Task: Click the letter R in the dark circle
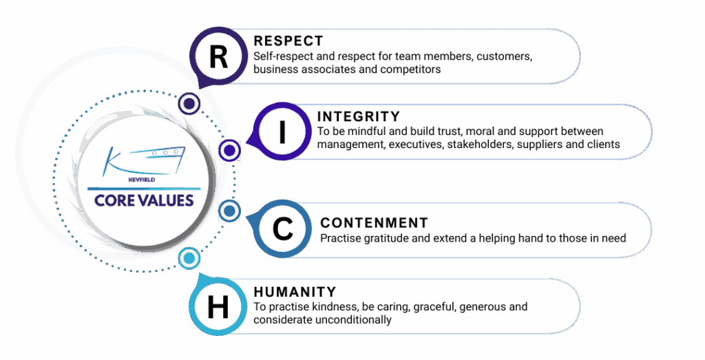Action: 218,57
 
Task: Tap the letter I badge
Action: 282,131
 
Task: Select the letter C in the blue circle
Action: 283,229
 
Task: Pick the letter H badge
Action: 218,307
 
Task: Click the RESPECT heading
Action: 288,41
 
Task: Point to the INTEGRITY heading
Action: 358,116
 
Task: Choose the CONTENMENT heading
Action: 374,223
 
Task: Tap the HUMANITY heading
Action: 295,292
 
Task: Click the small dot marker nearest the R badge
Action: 189,103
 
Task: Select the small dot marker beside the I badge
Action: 230,150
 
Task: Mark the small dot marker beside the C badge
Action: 229,211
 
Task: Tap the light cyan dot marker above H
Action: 189,258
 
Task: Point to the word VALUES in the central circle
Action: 164,200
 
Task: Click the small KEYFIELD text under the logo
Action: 142,180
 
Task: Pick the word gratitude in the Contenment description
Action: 386,238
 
